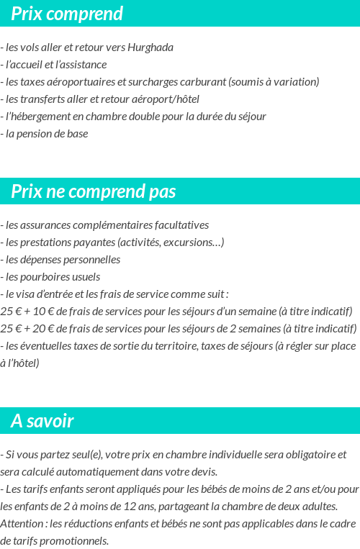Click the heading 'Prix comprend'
point(67,14)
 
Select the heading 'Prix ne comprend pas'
point(94,191)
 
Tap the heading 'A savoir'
point(42,421)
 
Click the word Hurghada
point(150,47)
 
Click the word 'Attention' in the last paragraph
point(22,524)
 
